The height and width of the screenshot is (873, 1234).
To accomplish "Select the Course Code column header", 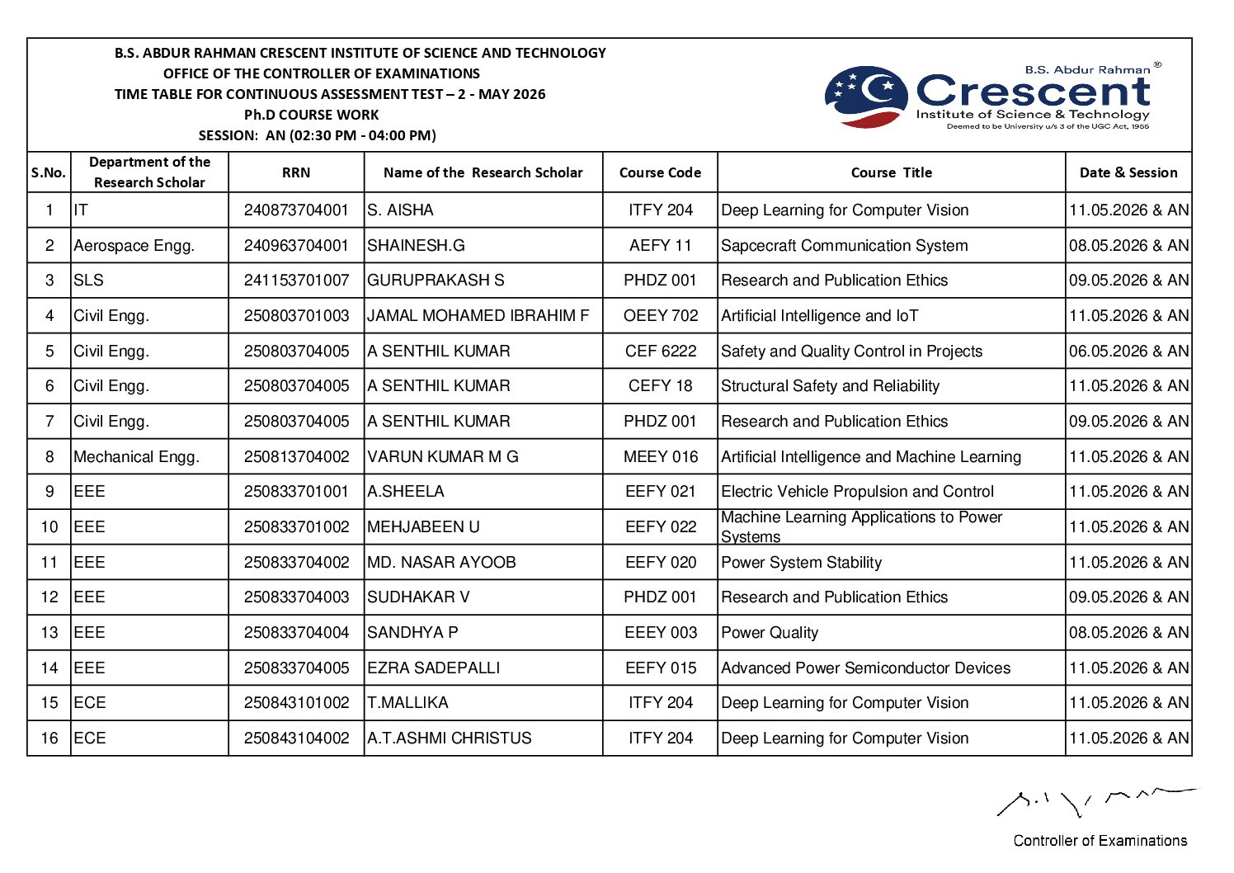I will point(660,172).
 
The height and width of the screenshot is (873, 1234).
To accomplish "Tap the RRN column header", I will point(296,172).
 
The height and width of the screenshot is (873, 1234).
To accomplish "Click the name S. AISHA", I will point(400,210).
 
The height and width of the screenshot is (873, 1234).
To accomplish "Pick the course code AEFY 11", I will point(660,246).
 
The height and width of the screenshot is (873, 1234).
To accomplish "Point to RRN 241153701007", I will point(296,281).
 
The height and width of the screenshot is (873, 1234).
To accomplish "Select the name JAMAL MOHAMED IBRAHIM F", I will point(478,316).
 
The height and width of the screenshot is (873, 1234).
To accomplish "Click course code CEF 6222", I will point(660,352).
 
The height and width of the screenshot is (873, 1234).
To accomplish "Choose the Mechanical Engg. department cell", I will point(136,457).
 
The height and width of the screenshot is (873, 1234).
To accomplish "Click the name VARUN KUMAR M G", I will point(442,457).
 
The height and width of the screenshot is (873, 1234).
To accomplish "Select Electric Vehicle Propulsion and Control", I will point(857,492).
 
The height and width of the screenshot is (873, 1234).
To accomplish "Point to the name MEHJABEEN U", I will point(423,527).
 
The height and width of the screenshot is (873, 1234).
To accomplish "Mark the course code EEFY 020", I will point(660,563).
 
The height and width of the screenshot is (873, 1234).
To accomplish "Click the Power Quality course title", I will point(770,633).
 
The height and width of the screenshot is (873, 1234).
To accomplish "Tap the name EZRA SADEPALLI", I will point(433,668).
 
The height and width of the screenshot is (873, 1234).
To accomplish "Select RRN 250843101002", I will point(296,703).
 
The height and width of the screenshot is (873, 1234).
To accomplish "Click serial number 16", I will point(49,739).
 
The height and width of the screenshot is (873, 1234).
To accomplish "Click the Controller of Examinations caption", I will point(1100,841).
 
